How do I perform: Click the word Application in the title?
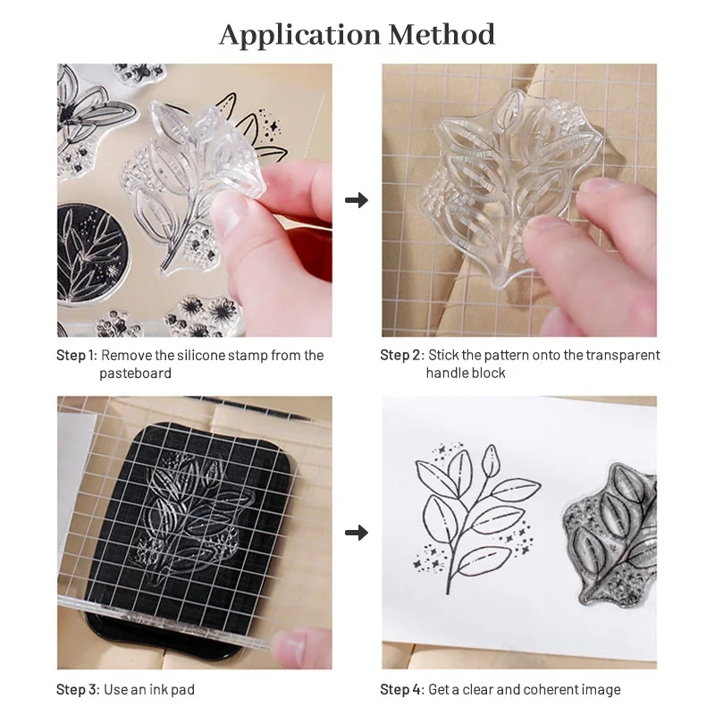click(289, 35)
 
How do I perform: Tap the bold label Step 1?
click(76, 356)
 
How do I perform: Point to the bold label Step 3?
click(76, 689)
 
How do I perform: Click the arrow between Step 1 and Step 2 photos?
click(357, 200)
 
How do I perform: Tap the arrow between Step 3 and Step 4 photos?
click(357, 534)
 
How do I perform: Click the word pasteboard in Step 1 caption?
click(135, 373)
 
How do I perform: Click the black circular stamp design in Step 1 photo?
click(89, 255)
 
